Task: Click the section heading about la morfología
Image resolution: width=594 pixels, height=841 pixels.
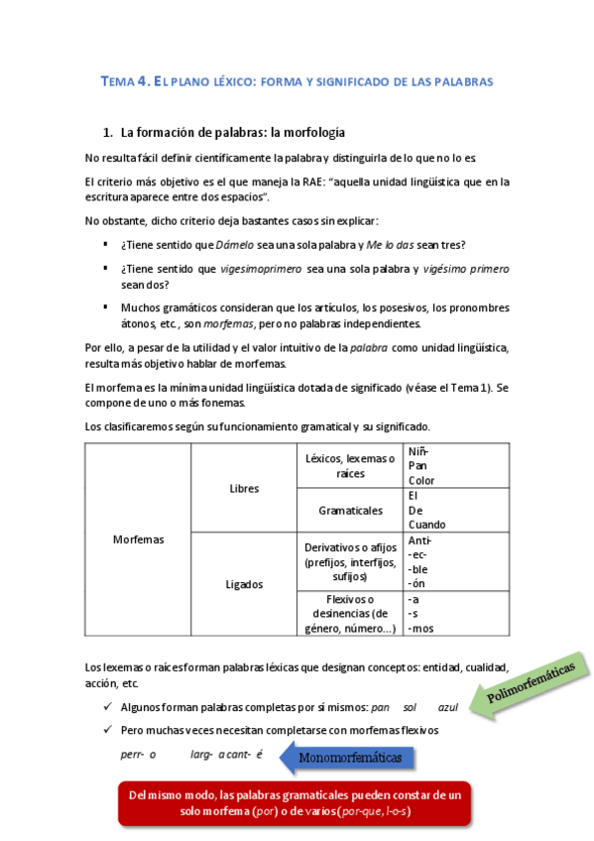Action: click(x=232, y=133)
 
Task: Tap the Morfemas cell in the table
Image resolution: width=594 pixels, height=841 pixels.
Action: click(x=139, y=540)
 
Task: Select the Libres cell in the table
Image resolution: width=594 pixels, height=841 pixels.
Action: click(x=244, y=489)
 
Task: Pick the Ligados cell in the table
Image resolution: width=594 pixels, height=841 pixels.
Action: click(x=244, y=584)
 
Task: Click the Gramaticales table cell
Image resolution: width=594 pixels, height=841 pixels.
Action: click(x=350, y=510)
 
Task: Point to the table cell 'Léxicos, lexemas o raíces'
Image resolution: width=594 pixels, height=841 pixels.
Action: click(x=350, y=466)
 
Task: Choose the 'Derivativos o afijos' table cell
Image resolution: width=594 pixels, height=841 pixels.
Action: click(x=350, y=561)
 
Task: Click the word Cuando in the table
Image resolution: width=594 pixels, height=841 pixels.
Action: click(x=427, y=524)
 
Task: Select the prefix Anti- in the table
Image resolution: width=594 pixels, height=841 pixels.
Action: click(x=420, y=541)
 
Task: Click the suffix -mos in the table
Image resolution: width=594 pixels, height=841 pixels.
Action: click(x=421, y=628)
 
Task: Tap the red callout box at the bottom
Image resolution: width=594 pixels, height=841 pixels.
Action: click(x=295, y=803)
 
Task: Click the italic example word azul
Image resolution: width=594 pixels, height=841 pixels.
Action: click(x=447, y=708)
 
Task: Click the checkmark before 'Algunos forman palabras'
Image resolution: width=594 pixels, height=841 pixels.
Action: click(x=107, y=707)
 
